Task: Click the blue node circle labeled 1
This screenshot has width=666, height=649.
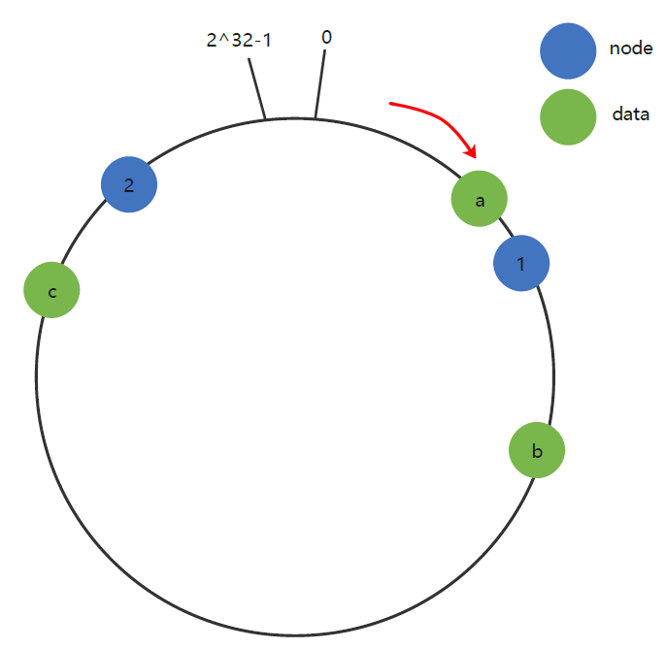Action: [x=521, y=263]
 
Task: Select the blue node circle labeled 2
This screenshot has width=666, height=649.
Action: [x=129, y=183]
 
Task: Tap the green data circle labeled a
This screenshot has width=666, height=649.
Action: [x=480, y=199]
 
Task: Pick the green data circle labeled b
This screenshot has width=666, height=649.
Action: [x=537, y=449]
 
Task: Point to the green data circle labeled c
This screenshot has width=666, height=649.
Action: [x=51, y=290]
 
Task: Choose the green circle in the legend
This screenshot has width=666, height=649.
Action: [x=568, y=116]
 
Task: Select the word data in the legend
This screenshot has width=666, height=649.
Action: [x=630, y=114]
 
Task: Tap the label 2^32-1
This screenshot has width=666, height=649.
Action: [x=239, y=42]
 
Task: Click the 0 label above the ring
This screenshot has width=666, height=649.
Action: [x=326, y=37]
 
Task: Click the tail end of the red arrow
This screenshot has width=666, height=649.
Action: [x=391, y=102]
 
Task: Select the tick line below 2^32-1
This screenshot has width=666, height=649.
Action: [x=256, y=89]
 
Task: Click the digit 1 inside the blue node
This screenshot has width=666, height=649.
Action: [x=521, y=264]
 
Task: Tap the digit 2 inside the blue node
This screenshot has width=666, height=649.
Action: [x=129, y=183]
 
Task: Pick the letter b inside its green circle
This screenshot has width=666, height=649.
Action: [x=537, y=450]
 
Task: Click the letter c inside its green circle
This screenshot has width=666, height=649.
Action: [x=51, y=291]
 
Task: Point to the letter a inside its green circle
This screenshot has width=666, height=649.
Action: [x=480, y=201]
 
